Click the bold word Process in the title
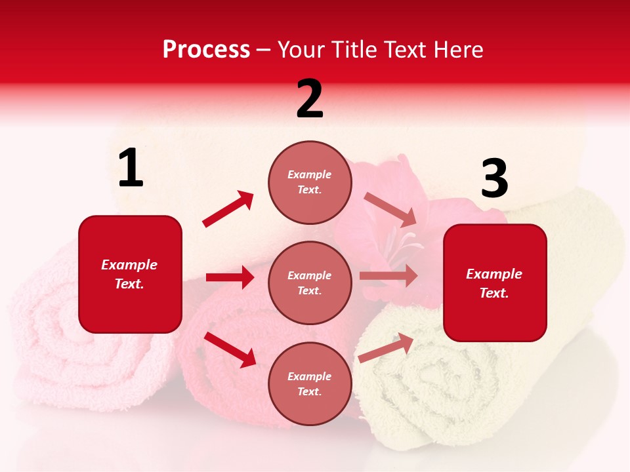pyautogui.click(x=206, y=49)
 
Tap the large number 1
pyautogui.click(x=131, y=168)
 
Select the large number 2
pyautogui.click(x=310, y=99)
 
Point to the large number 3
pyautogui.click(x=494, y=179)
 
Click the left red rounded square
pyautogui.click(x=130, y=274)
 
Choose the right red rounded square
pyautogui.click(x=495, y=283)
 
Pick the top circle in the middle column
pyautogui.click(x=310, y=182)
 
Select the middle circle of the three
pyautogui.click(x=310, y=283)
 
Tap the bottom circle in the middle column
pyautogui.click(x=310, y=383)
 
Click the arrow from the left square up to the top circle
pyautogui.click(x=228, y=209)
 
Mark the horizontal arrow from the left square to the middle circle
pyautogui.click(x=230, y=277)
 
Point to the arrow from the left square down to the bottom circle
pyautogui.click(x=230, y=349)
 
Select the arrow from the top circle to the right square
pyautogui.click(x=390, y=209)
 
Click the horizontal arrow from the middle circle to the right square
pyautogui.click(x=388, y=276)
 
